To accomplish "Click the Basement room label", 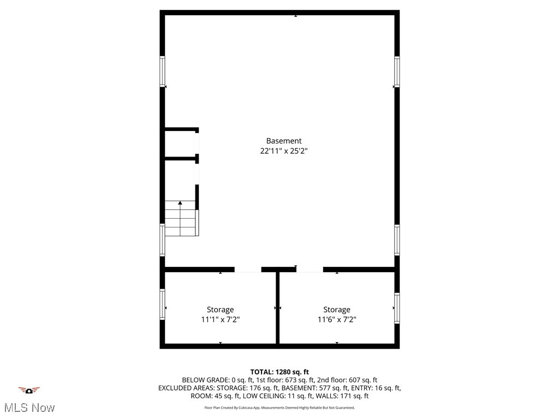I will (x=283, y=141).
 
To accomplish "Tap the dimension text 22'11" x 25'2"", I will (x=283, y=152).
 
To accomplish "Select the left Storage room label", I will (x=220, y=309).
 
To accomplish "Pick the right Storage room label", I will (x=336, y=309).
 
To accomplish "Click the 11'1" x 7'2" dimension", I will (x=220, y=320).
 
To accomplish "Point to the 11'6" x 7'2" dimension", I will (x=336, y=320).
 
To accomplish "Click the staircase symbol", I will (x=181, y=219).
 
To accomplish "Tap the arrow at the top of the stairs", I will (x=180, y=203).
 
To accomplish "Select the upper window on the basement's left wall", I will (x=162, y=71).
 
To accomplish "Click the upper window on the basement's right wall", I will (x=397, y=71).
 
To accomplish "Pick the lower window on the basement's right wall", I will (x=397, y=240).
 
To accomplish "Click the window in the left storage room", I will (x=162, y=304).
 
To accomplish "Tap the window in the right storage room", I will (x=397, y=308).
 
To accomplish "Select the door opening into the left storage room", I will (x=248, y=270).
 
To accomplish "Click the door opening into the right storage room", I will (x=310, y=270).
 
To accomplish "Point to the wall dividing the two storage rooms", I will (x=277, y=308).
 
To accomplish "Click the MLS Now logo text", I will (x=29, y=408).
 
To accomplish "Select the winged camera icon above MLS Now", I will (x=29, y=390).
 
